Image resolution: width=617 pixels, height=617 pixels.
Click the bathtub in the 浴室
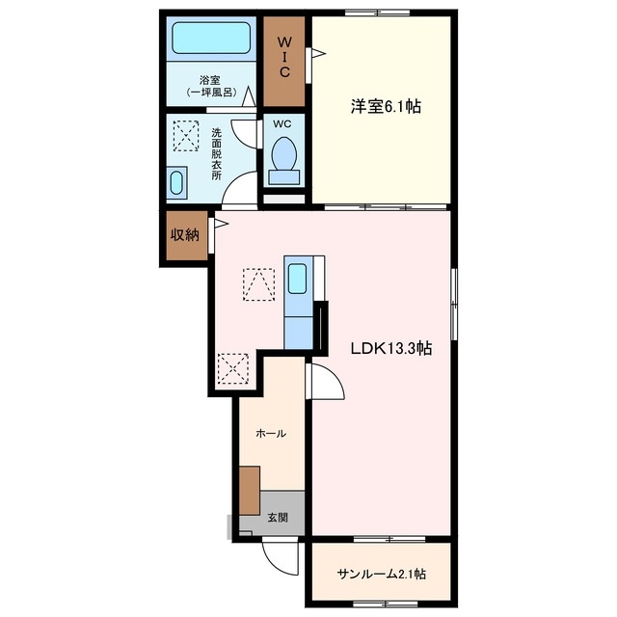pyautogui.click(x=211, y=38)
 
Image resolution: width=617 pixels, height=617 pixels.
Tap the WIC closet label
pyautogui.click(x=284, y=56)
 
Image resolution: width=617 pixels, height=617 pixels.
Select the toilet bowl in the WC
pyautogui.click(x=283, y=153)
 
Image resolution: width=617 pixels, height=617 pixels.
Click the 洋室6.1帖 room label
pyautogui.click(x=386, y=106)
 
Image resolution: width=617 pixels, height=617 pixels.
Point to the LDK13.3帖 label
pyautogui.click(x=391, y=348)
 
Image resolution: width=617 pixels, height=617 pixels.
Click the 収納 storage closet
pyautogui.click(x=186, y=235)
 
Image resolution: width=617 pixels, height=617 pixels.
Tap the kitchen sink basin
pyautogui.click(x=298, y=279)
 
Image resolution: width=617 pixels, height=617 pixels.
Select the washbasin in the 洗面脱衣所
pyautogui.click(x=176, y=183)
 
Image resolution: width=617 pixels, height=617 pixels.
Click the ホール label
pyautogui.click(x=271, y=433)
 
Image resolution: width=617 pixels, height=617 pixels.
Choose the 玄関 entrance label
pyautogui.click(x=278, y=518)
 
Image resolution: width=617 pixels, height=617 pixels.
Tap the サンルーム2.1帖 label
pyautogui.click(x=382, y=575)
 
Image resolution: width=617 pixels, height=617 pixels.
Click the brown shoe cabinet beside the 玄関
pyautogui.click(x=250, y=491)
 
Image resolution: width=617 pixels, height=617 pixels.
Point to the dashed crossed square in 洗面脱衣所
pyautogui.click(x=186, y=136)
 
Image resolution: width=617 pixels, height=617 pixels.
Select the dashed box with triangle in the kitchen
pyautogui.click(x=258, y=284)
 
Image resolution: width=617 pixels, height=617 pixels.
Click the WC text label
pyautogui.click(x=282, y=124)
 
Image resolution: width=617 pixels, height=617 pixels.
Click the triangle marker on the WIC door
pyautogui.click(x=318, y=53)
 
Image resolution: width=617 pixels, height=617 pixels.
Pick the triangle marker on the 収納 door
pyautogui.click(x=221, y=224)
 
